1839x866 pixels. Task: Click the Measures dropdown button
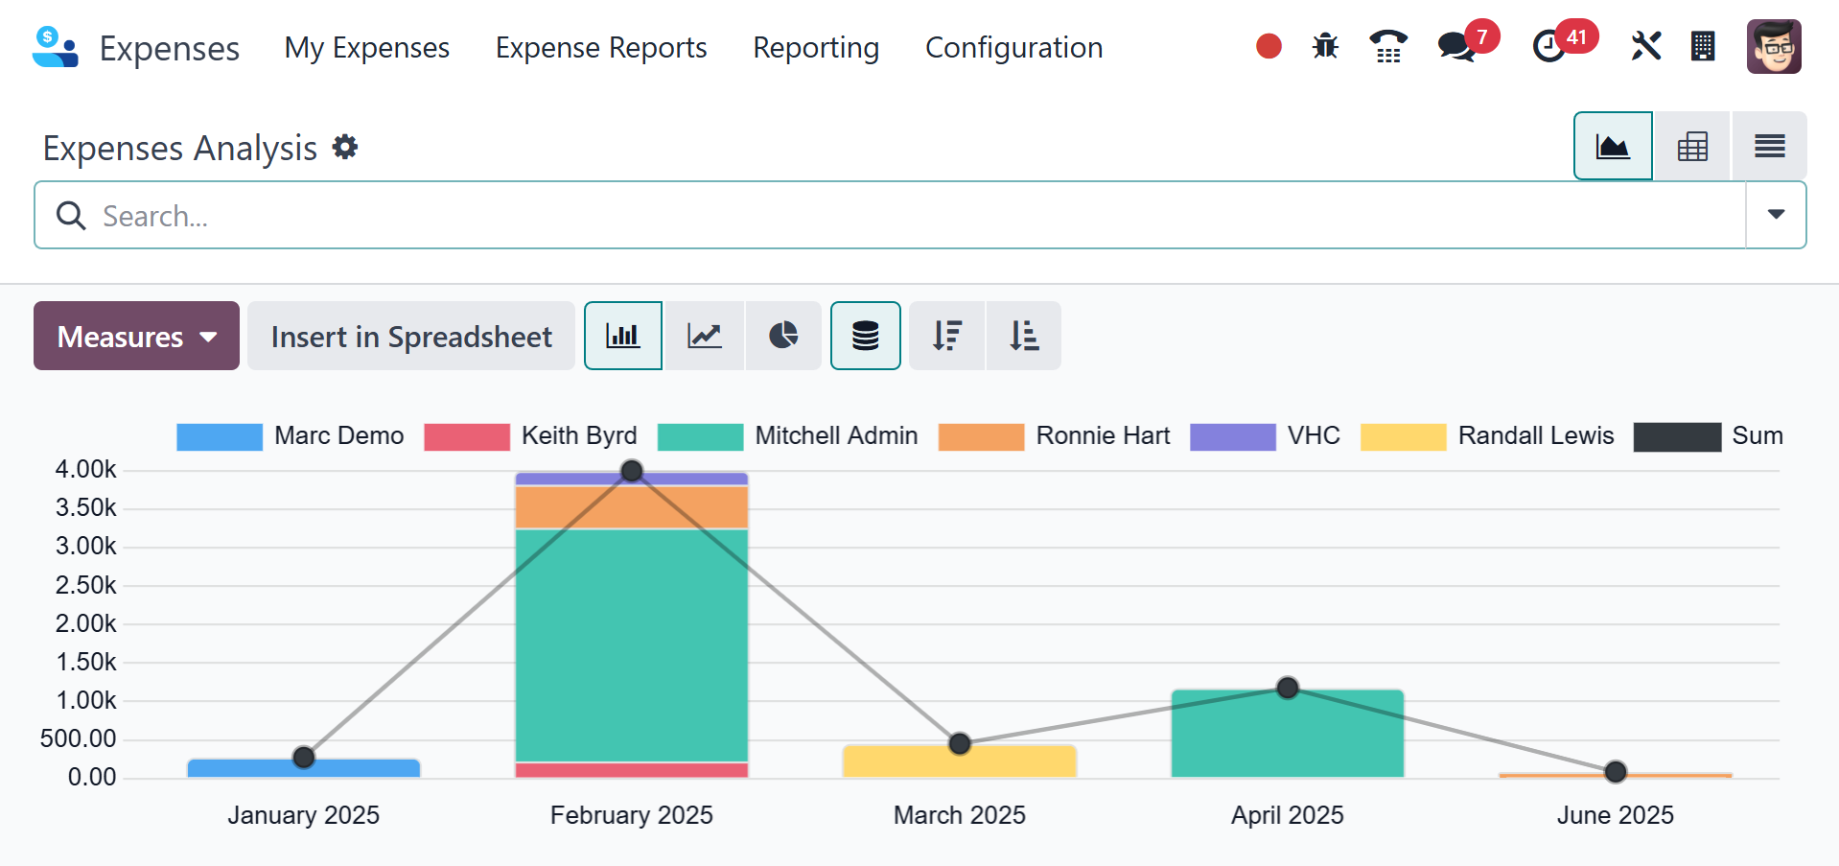pyautogui.click(x=136, y=336)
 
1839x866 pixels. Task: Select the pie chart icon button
pyautogui.click(x=783, y=336)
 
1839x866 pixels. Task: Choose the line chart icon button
pyautogui.click(x=705, y=336)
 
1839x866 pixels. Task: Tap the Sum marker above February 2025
pyautogui.click(x=632, y=471)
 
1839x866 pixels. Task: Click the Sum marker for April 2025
pyautogui.click(x=1288, y=688)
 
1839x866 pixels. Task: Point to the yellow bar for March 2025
pyautogui.click(x=960, y=761)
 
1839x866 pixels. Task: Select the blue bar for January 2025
pyautogui.click(x=304, y=768)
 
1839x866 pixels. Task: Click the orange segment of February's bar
pyautogui.click(x=632, y=507)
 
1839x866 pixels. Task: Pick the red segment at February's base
pyautogui.click(x=632, y=770)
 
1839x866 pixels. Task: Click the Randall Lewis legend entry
pyautogui.click(x=1487, y=436)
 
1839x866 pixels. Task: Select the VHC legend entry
pyautogui.click(x=1265, y=436)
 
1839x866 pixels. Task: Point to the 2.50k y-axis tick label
pyautogui.click(x=85, y=585)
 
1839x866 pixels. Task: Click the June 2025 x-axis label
pyautogui.click(x=1616, y=815)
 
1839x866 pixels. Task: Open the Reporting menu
pyautogui.click(x=816, y=48)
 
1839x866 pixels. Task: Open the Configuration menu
pyautogui.click(x=1013, y=48)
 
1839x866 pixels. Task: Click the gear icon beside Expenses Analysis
pyautogui.click(x=345, y=147)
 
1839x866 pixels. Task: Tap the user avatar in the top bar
pyautogui.click(x=1774, y=46)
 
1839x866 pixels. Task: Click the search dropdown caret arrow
pyautogui.click(x=1776, y=215)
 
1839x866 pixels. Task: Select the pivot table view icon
pyautogui.click(x=1692, y=147)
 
